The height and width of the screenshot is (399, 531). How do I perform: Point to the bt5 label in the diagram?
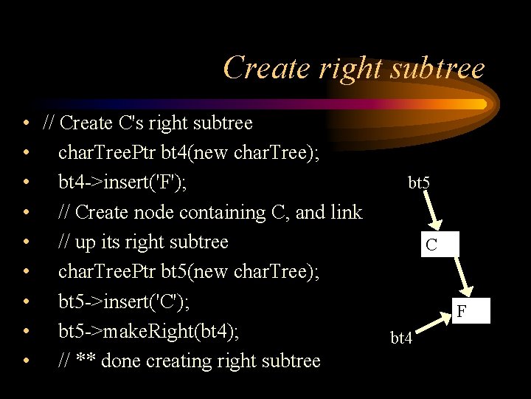point(420,182)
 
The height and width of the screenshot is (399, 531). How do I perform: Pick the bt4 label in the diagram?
point(401,338)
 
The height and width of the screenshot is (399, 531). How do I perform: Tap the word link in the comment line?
point(346,212)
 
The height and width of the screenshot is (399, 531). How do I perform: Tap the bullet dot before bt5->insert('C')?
point(26,301)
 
